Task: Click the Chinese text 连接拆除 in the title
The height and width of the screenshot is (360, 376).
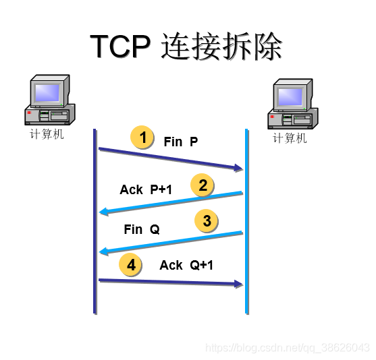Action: (x=222, y=47)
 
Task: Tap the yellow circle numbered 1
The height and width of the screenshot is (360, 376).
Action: (x=142, y=138)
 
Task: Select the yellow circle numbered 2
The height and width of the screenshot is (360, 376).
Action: (x=203, y=184)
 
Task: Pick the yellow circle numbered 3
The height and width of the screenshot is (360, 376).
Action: (x=207, y=220)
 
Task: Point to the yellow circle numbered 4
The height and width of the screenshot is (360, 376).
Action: (x=131, y=265)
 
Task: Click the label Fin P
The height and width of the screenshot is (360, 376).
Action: (x=181, y=142)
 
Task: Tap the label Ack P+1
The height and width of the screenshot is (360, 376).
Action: (x=146, y=189)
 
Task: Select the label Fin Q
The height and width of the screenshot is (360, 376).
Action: (x=142, y=229)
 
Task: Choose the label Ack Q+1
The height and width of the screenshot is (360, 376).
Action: (x=186, y=266)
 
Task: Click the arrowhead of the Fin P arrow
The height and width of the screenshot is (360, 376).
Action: (x=238, y=168)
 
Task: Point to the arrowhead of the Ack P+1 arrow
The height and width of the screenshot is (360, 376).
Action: (x=103, y=212)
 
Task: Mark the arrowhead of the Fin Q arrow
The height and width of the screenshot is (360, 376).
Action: (x=103, y=252)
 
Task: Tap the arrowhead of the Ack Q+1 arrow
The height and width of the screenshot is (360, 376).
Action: (x=238, y=284)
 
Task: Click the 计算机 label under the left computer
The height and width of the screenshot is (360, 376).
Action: (x=47, y=133)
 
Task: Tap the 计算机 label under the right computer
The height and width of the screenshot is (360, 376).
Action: (x=290, y=138)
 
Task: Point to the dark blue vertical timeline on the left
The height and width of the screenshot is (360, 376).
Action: (x=95, y=222)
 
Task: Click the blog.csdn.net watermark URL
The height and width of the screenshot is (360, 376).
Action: (x=287, y=348)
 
